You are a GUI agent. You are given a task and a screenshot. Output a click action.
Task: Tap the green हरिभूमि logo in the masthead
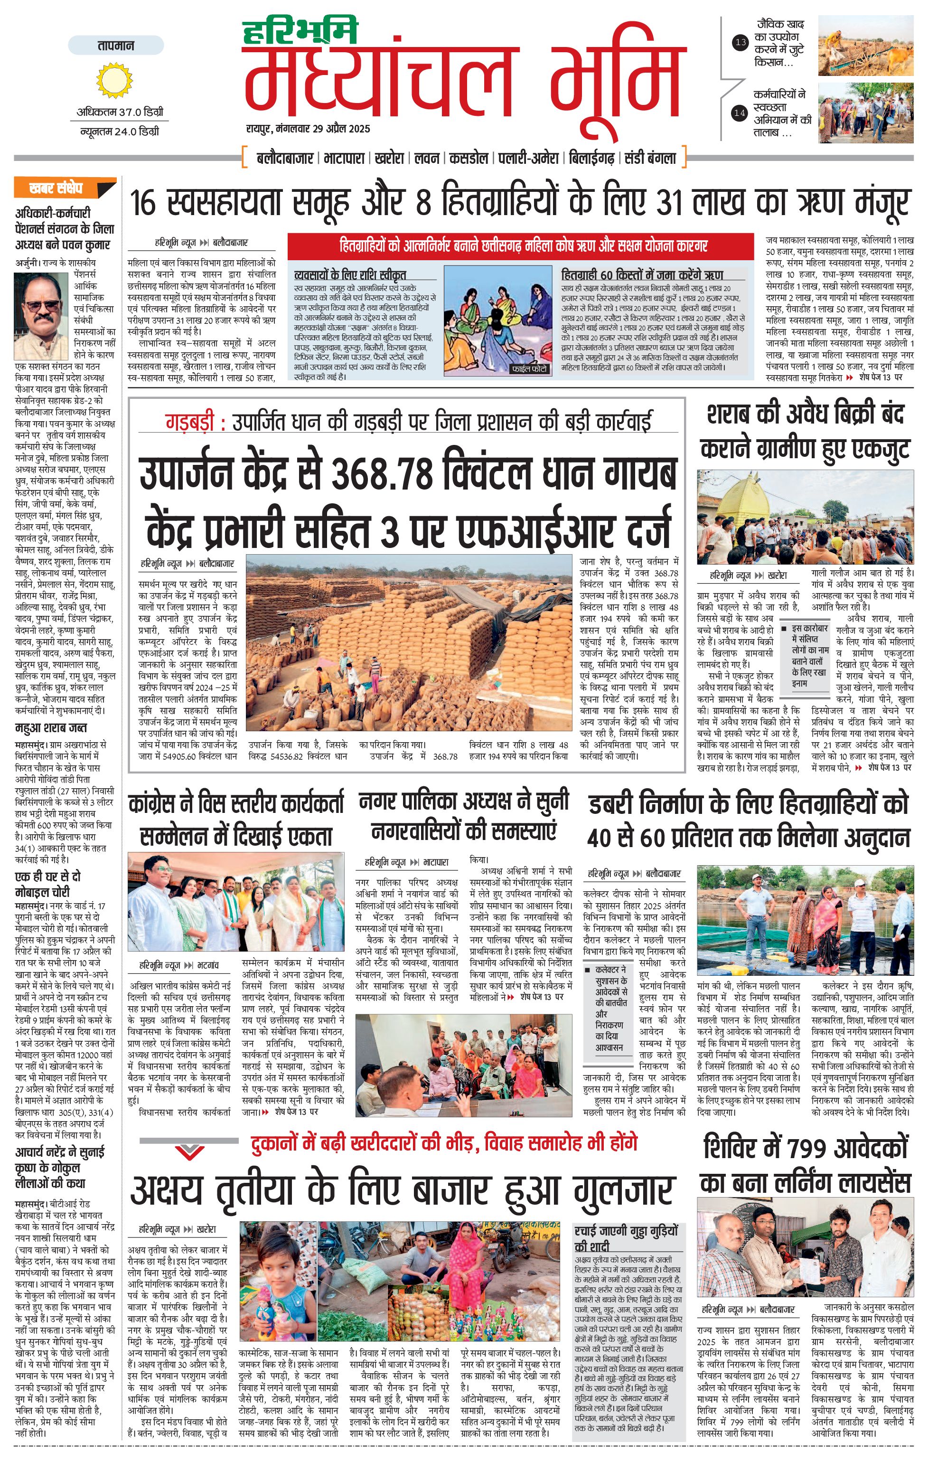[300, 32]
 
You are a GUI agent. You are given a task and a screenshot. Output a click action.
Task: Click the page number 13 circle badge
[741, 42]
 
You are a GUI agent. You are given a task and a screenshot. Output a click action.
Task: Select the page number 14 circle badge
[740, 113]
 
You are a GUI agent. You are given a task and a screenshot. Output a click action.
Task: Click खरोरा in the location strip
[389, 158]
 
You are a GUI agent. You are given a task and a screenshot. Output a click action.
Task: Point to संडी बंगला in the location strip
[651, 158]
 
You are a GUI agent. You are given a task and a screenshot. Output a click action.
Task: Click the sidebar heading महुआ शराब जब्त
[51, 727]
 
